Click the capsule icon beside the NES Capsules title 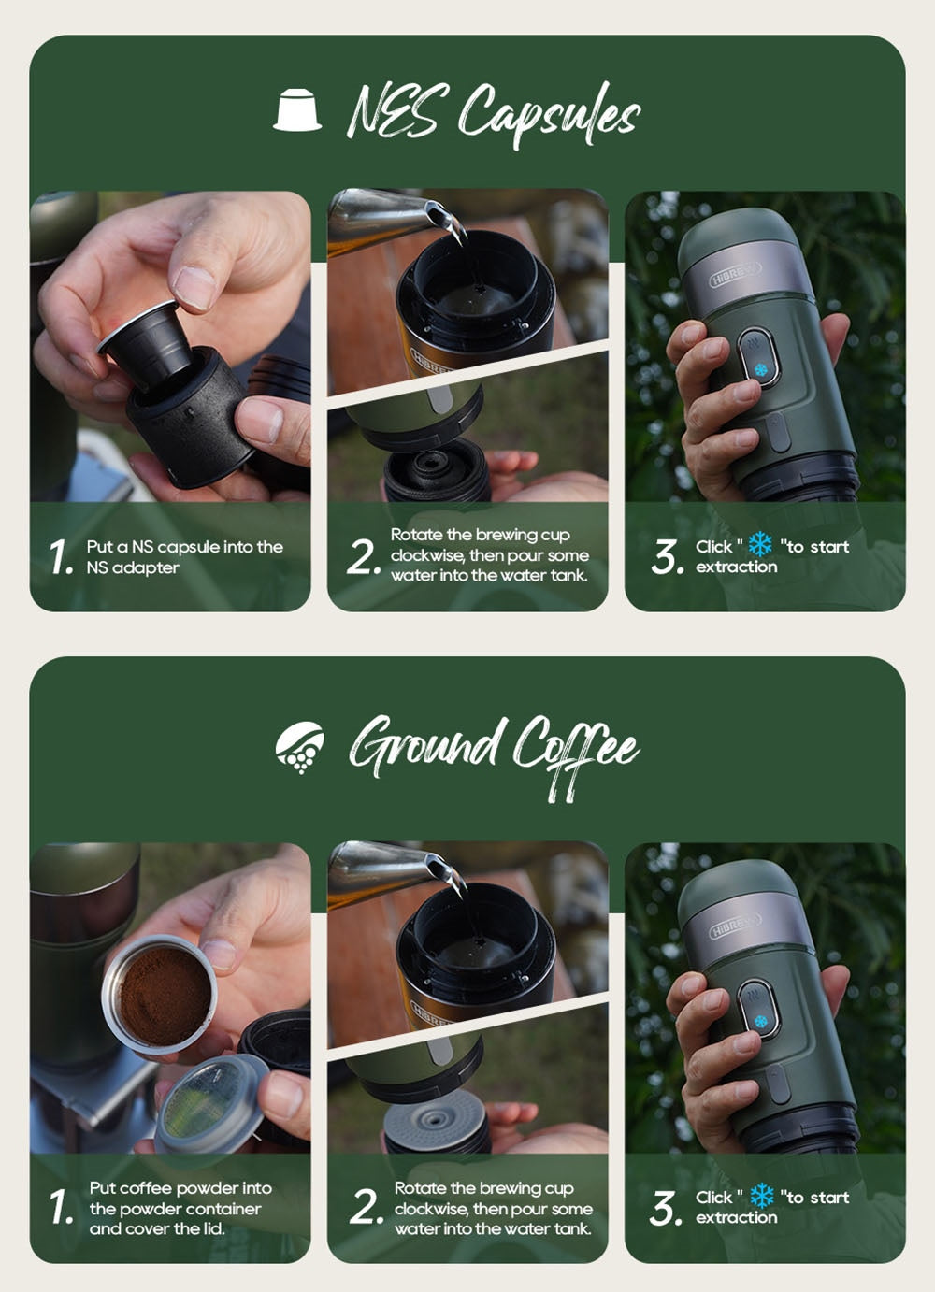[297, 109]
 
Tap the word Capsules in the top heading [549, 115]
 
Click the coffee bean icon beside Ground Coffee [300, 748]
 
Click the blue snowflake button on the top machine [761, 370]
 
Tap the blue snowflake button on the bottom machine [761, 1022]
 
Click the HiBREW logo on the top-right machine [735, 275]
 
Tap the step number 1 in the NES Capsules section [61, 557]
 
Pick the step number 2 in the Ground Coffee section [365, 1208]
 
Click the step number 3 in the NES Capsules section [667, 557]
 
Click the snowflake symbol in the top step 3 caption [761, 545]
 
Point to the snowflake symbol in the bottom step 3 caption [763, 1196]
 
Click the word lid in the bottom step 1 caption [213, 1228]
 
